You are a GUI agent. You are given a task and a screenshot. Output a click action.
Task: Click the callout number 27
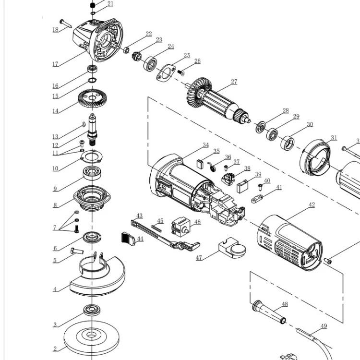(x=234, y=82)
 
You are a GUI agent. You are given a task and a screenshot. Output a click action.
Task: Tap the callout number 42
(x=312, y=205)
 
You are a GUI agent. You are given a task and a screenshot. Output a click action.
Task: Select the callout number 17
(x=55, y=64)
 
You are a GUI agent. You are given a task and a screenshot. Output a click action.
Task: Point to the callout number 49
(x=324, y=326)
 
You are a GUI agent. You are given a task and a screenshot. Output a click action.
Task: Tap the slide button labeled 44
(x=130, y=239)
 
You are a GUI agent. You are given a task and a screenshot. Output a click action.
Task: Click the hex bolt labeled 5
(x=77, y=251)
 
